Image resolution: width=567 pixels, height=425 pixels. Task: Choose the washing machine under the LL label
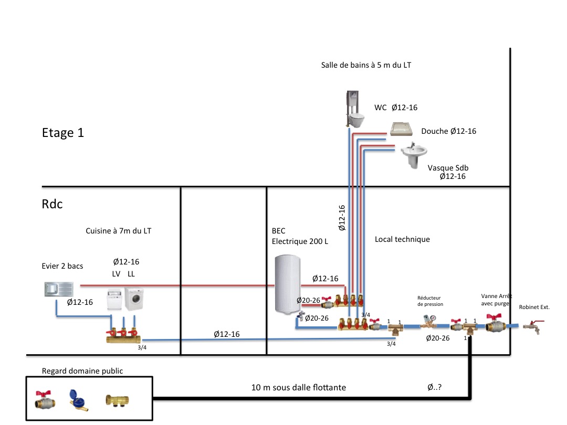tap(134, 300)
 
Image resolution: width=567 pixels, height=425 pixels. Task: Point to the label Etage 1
tap(63, 133)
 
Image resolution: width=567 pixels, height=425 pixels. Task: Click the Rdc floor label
tap(52, 204)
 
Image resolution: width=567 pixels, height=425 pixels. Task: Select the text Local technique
tap(402, 239)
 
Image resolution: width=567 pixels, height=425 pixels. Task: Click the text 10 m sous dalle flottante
tap(299, 388)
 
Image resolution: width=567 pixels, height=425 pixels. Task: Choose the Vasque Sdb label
tap(448, 168)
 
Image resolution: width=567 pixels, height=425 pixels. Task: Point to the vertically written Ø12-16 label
tap(342, 218)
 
